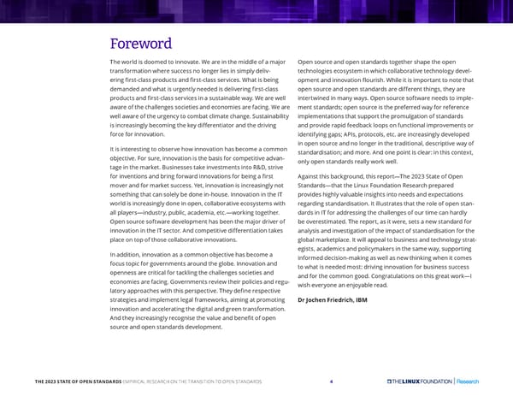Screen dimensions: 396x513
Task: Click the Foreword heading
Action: (141, 44)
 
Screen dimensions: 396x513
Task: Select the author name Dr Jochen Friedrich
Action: (328, 299)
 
